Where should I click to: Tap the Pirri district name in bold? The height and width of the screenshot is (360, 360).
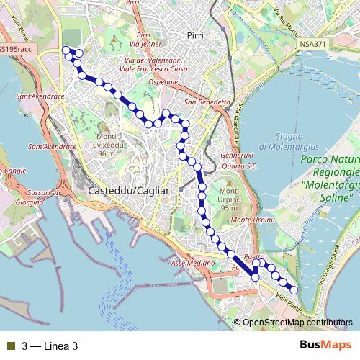point(194,35)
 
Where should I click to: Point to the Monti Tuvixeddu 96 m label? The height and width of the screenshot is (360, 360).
point(107,145)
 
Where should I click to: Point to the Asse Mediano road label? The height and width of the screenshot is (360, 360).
point(193,264)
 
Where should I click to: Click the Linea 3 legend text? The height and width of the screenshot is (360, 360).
point(50,346)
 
